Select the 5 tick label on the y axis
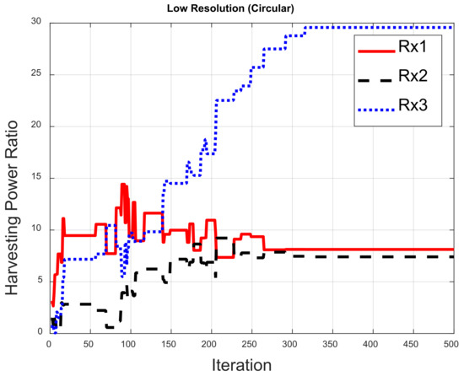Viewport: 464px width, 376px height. [40, 281]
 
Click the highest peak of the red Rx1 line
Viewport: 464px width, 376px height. [122, 185]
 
